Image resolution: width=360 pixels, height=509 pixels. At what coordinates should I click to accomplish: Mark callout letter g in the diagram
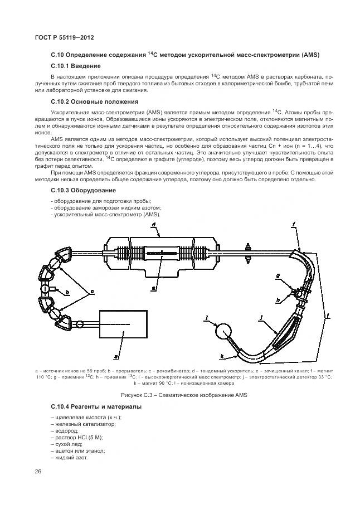tap(277, 274)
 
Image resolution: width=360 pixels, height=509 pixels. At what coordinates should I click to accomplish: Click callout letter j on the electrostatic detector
tap(260, 318)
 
